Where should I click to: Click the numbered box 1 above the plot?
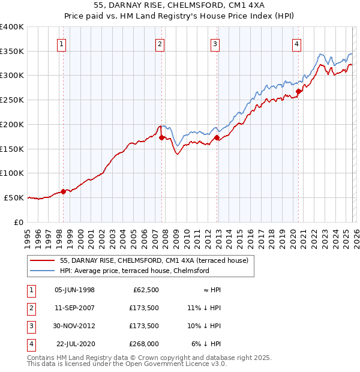pos(63,43)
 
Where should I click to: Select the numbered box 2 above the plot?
pos(160,43)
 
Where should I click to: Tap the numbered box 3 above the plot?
pos(215,43)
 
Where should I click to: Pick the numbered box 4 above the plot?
pos(297,43)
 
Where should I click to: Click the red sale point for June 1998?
pos(63,191)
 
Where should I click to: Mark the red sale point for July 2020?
pos(298,92)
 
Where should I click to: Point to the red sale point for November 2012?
pos(217,137)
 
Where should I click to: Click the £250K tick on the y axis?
pos(12,100)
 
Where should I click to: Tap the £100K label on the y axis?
pos(12,173)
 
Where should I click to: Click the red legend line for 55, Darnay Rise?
pos(43,260)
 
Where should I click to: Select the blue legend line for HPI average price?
pos(43,271)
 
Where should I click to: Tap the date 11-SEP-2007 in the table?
pos(74,308)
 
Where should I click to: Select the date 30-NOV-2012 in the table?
pos(74,326)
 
